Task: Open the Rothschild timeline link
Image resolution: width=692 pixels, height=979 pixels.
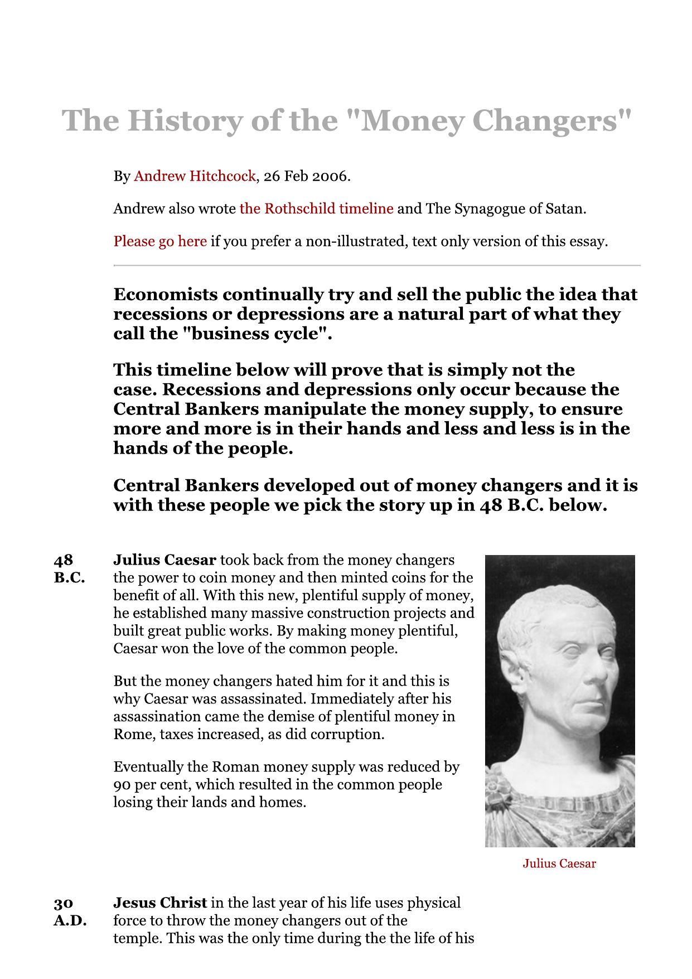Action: coord(316,209)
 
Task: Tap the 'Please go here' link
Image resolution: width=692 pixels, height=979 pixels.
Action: coord(160,242)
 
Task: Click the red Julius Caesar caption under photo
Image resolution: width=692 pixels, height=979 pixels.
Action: coord(559,864)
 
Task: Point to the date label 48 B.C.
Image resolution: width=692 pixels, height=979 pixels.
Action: coord(69,568)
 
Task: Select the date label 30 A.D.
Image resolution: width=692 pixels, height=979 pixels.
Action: coord(70,912)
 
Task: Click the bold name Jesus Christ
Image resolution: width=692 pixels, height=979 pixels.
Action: coord(160,903)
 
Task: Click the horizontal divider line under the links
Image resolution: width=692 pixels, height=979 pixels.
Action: coord(377,266)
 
